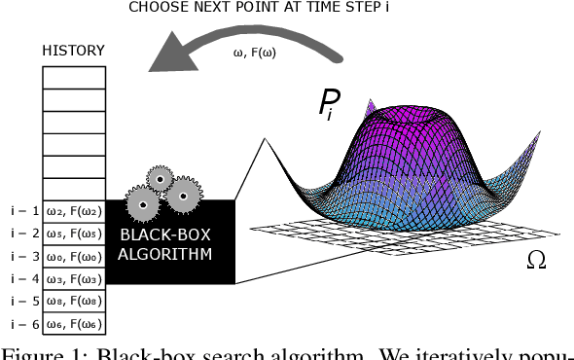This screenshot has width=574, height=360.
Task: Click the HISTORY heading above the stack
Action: (x=73, y=50)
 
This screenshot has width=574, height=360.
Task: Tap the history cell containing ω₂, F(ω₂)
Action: (x=73, y=211)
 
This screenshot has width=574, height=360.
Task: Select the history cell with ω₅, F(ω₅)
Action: (x=73, y=234)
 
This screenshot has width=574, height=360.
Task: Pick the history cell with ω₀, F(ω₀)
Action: (x=73, y=256)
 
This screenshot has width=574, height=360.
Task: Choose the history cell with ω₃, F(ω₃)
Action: (x=73, y=278)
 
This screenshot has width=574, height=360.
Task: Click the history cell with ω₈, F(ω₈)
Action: (x=73, y=301)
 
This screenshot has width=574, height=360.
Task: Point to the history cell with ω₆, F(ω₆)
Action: (x=73, y=323)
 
